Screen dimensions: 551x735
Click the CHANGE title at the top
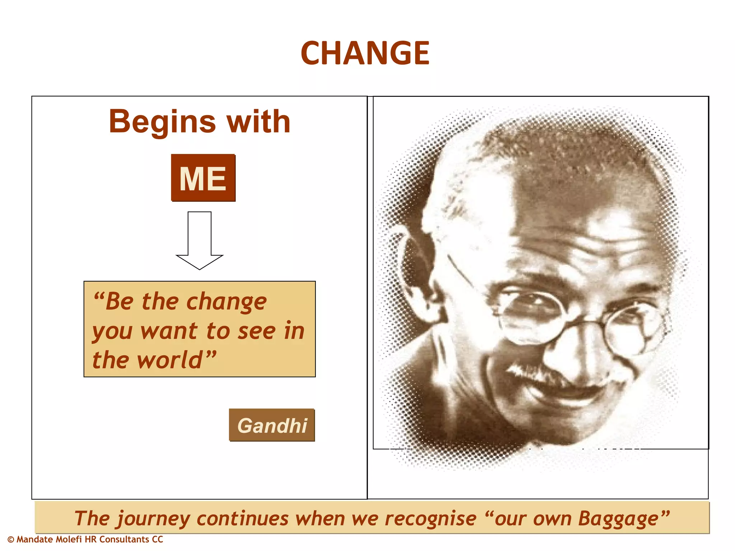pyautogui.click(x=365, y=53)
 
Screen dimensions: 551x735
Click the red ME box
pyautogui.click(x=203, y=178)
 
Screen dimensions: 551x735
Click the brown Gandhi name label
pyautogui.click(x=272, y=425)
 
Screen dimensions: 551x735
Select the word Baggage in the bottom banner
pyautogui.click(x=618, y=519)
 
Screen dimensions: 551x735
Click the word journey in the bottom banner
pyautogui.click(x=153, y=519)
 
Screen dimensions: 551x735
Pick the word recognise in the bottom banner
pyautogui.click(x=430, y=519)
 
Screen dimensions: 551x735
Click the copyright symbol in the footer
pyautogui.click(x=11, y=540)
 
